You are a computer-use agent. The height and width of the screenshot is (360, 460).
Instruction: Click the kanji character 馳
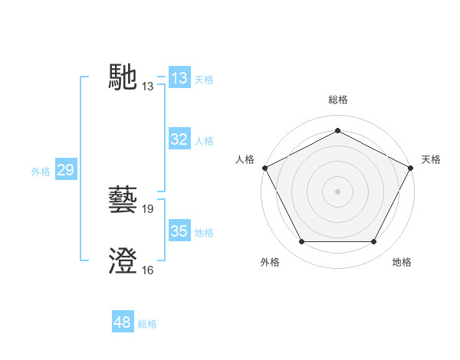tap(123, 77)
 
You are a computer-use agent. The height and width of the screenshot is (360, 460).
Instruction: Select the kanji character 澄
tap(123, 260)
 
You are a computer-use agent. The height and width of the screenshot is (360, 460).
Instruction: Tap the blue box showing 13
tap(179, 79)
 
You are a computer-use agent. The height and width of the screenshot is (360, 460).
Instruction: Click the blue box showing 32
tap(179, 139)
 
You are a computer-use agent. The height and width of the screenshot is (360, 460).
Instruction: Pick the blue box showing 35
tap(179, 231)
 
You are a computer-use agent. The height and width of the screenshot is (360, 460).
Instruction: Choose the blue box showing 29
tap(65, 170)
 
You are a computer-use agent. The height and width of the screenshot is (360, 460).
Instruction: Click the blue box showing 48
tap(123, 322)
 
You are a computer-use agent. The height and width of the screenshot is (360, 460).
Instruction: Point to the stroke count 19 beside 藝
tap(148, 209)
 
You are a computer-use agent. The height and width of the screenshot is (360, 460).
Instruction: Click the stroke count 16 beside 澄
tap(148, 270)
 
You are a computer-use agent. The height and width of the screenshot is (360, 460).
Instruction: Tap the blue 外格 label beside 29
tap(41, 172)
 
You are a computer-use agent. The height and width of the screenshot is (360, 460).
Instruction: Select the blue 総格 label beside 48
tap(147, 324)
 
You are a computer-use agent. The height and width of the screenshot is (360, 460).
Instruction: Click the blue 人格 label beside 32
tap(204, 141)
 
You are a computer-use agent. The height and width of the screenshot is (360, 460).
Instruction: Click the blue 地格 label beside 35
tap(204, 233)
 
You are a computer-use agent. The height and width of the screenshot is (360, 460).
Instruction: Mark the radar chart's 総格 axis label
tap(338, 100)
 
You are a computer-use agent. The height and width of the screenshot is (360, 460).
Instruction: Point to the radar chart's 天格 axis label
tap(431, 159)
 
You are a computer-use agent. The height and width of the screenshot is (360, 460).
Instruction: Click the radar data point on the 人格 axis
tap(264, 168)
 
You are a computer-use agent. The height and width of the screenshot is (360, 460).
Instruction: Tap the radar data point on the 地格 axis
tap(374, 242)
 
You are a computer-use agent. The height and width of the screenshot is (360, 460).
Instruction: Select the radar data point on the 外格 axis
tap(301, 242)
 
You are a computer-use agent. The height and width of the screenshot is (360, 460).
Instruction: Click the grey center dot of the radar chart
tap(338, 191)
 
